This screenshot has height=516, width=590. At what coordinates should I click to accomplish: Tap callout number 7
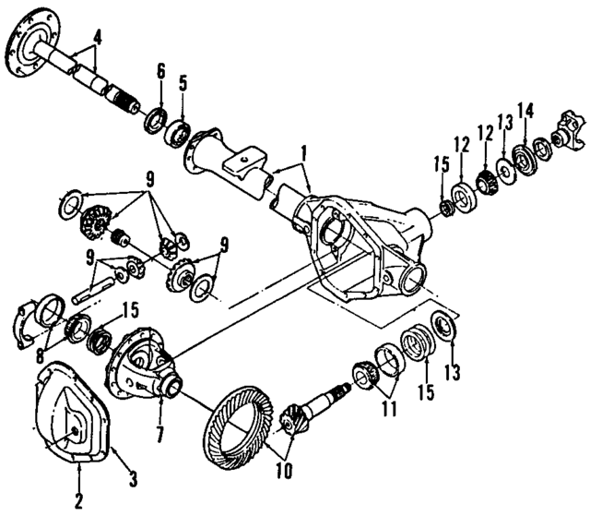coord(158,433)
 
